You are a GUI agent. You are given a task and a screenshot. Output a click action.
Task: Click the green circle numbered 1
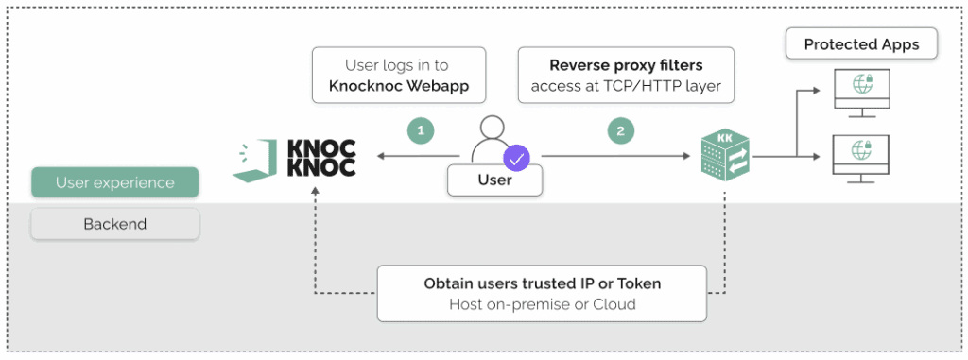pos(420,131)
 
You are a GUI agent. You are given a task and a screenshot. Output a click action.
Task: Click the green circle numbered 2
pos(620,131)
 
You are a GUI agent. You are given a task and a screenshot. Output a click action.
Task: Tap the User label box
pos(494,180)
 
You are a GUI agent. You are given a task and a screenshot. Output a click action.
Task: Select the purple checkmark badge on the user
pos(517,157)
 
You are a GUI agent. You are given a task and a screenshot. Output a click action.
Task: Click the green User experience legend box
pos(114,182)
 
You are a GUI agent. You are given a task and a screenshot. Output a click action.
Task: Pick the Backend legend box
pos(114,224)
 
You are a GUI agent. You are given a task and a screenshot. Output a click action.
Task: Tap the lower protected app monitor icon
pos(860,154)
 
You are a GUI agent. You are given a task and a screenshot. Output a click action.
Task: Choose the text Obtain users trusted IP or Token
pos(542,283)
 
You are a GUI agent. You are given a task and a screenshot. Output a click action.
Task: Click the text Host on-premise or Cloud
pos(542,304)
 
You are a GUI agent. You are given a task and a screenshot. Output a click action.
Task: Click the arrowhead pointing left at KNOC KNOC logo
pos(380,157)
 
